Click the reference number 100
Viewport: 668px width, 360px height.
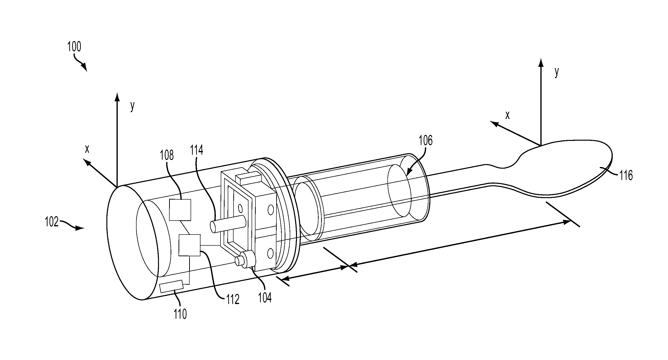click(x=74, y=47)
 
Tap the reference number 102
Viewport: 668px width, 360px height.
click(x=52, y=222)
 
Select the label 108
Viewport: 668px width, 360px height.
click(x=167, y=155)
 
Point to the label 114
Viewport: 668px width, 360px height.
click(x=197, y=150)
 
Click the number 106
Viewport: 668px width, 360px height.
click(x=426, y=140)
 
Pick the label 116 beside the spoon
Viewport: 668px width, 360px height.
click(x=626, y=176)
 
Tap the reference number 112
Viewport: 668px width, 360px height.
click(x=232, y=300)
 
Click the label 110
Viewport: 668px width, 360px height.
click(x=180, y=314)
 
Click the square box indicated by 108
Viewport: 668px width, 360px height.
click(x=180, y=210)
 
